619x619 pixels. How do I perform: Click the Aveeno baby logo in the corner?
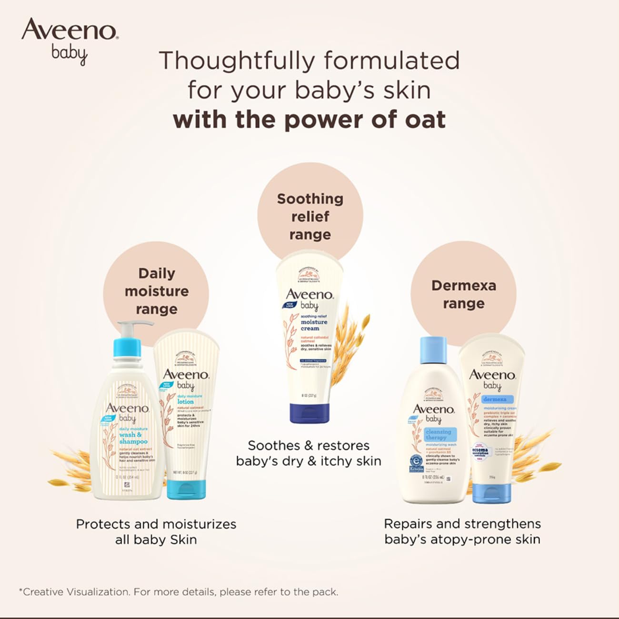[70, 40]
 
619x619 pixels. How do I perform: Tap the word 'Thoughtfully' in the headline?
[236, 61]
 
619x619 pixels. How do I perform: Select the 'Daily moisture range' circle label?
[156, 291]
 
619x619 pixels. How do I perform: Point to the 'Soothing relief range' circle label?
[310, 216]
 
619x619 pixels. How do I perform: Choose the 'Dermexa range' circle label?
[463, 294]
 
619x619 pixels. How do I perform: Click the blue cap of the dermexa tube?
[491, 493]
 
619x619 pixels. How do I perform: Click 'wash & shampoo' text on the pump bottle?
[132, 438]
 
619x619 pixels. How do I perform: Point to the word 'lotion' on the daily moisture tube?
[186, 401]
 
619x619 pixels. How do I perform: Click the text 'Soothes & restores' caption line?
[309, 446]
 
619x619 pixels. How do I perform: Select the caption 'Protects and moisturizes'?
[156, 524]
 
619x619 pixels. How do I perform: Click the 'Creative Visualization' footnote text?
[76, 592]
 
